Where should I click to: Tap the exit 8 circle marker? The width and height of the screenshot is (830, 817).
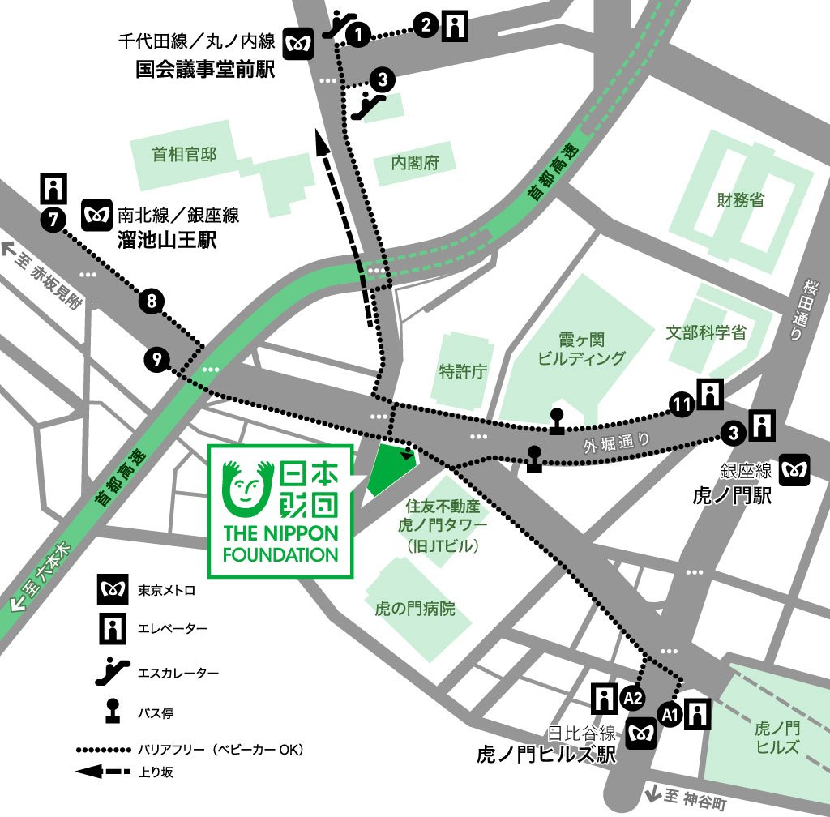click(152, 302)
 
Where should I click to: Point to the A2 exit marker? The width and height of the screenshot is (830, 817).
click(633, 697)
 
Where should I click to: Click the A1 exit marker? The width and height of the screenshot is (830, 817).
click(670, 714)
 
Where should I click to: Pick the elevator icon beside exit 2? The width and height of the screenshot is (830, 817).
click(456, 27)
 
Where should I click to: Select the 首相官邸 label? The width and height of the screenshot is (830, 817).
click(185, 154)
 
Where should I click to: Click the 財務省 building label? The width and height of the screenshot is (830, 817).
click(740, 200)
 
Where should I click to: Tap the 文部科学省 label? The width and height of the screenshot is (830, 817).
click(706, 332)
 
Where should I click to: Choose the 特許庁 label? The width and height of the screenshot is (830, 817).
click(463, 371)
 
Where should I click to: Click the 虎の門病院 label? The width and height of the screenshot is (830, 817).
click(415, 608)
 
